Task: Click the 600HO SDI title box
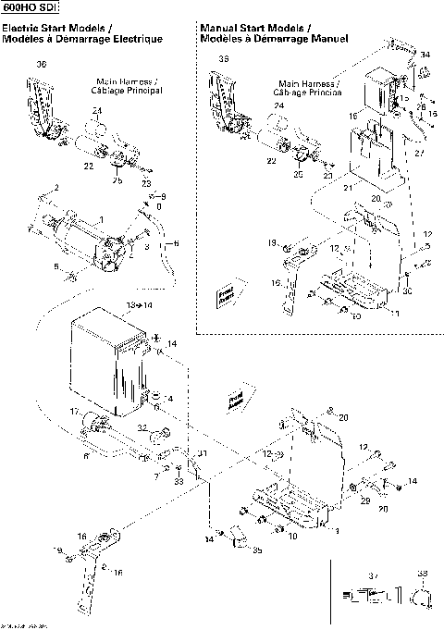click(31, 8)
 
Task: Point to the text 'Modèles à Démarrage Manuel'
click(274, 40)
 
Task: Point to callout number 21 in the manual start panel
click(348, 188)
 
